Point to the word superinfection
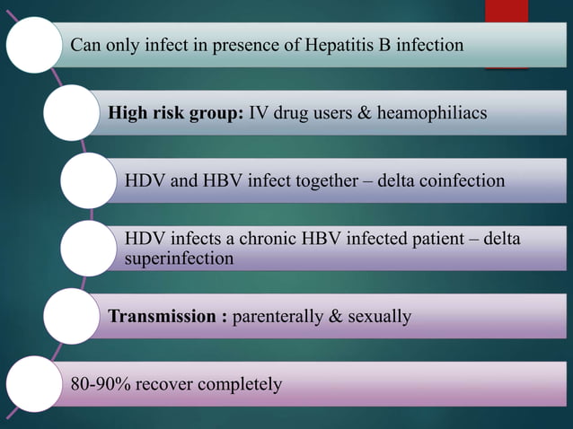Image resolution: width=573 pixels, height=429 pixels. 180,258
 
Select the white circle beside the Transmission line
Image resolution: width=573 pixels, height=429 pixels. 72,317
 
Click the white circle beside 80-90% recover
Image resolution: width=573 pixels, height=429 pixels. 34,385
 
